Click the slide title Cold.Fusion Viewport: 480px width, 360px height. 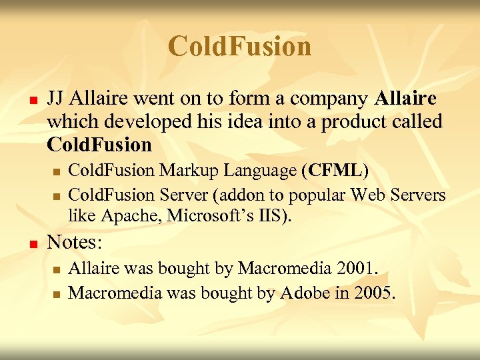point(239,47)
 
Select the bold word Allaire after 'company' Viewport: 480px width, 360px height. point(406,99)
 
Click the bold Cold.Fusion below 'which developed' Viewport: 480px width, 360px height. point(99,144)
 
